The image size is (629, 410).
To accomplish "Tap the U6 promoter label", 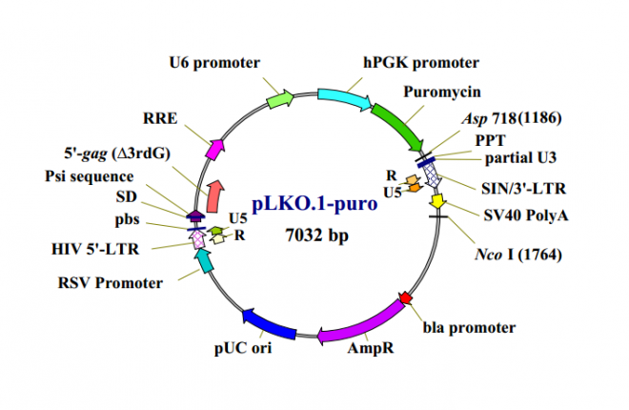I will click(214, 63).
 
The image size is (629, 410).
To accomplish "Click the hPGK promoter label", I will click(419, 63).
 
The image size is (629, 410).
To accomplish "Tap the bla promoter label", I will click(468, 327).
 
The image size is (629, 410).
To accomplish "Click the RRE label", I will click(159, 118).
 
